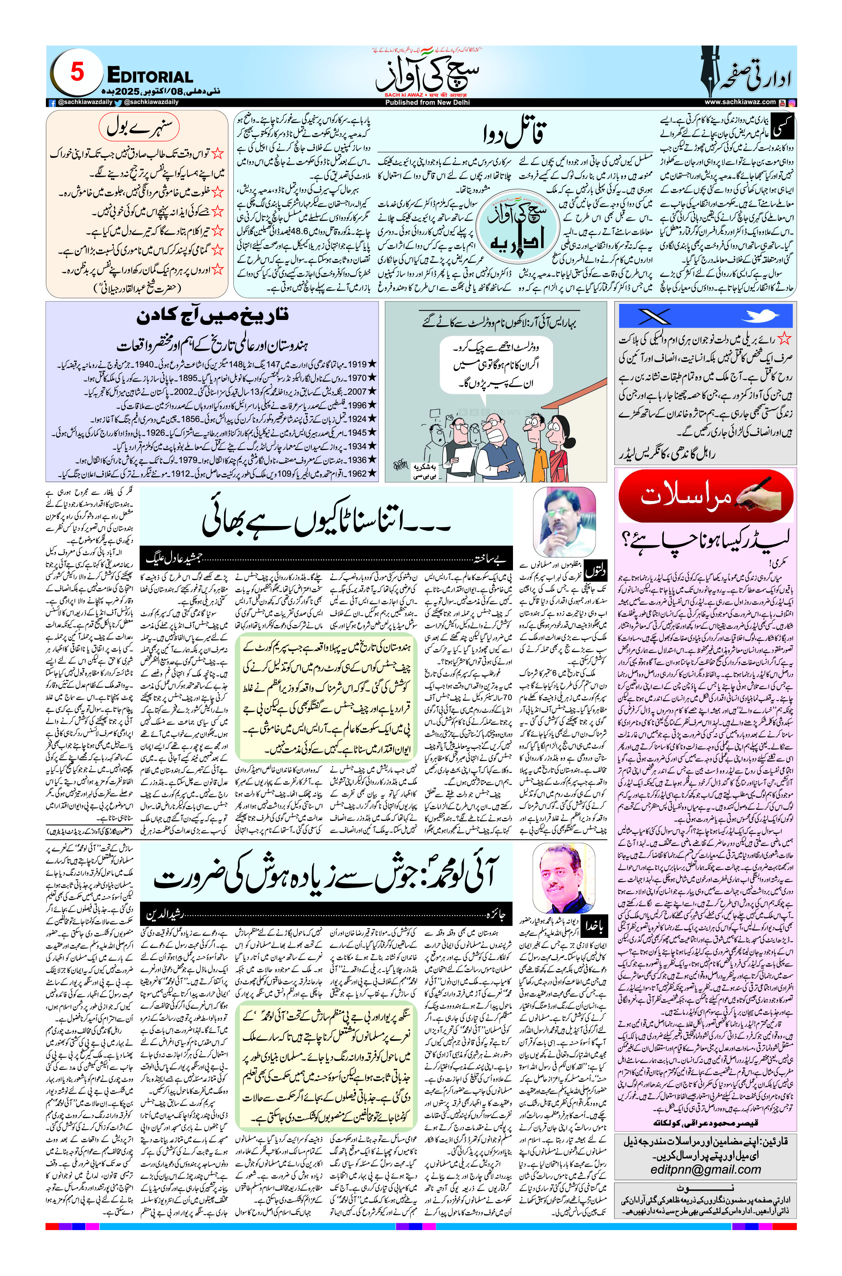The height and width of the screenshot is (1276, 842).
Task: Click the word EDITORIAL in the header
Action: pos(150,76)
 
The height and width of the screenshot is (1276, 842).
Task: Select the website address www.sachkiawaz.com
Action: pos(740,102)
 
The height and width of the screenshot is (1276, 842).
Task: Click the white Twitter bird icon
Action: pos(759,316)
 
